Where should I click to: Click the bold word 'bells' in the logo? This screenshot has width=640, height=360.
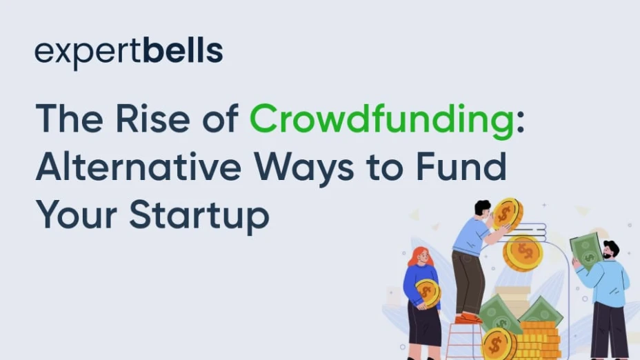point(183,50)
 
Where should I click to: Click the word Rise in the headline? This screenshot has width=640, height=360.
point(152,119)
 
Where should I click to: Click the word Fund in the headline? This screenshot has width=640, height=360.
point(461,166)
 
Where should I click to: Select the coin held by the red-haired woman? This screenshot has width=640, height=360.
point(428,293)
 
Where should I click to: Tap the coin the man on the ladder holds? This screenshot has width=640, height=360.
point(508,214)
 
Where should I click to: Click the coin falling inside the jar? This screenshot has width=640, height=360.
point(523,253)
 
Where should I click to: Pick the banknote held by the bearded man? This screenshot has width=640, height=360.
point(586,250)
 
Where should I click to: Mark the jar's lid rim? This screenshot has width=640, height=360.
point(526,232)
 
